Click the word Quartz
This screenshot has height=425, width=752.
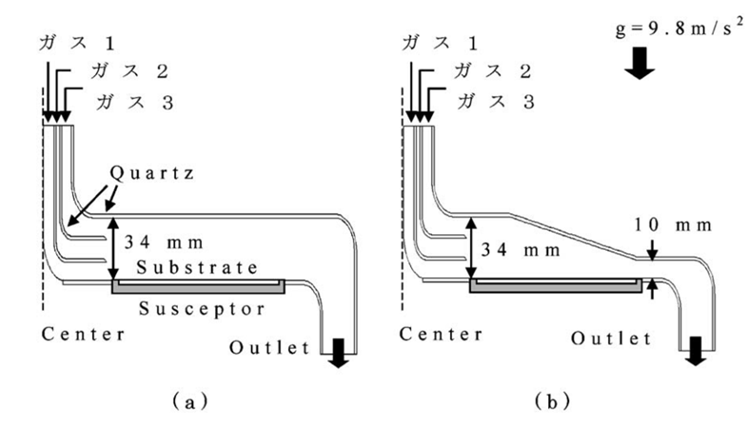pyautogui.click(x=152, y=173)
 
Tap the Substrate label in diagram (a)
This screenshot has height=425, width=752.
pyautogui.click(x=197, y=267)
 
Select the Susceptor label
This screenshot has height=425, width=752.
pyautogui.click(x=202, y=309)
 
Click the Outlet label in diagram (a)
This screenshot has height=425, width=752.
pyautogui.click(x=269, y=347)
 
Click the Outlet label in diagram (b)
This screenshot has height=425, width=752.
pyautogui.click(x=611, y=338)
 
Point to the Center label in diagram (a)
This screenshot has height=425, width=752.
pyautogui.click(x=84, y=334)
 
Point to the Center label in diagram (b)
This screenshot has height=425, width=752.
pyautogui.click(x=442, y=334)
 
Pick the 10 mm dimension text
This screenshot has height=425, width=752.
pyautogui.click(x=674, y=225)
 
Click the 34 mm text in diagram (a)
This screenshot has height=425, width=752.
pyautogui.click(x=164, y=242)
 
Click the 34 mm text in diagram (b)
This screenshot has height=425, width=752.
pyautogui.click(x=521, y=250)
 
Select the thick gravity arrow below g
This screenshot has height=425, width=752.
pyautogui.click(x=640, y=63)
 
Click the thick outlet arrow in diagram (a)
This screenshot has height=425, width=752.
pyautogui.click(x=339, y=353)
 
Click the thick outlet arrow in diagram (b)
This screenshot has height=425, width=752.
pyautogui.click(x=696, y=351)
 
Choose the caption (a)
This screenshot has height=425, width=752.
pyautogui.click(x=190, y=401)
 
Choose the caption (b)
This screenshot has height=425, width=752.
pyautogui.click(x=553, y=401)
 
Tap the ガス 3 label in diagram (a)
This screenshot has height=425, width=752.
pyautogui.click(x=135, y=102)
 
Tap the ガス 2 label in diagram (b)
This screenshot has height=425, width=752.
pyautogui.click(x=492, y=71)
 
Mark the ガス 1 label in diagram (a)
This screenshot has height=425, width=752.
pyautogui.click(x=77, y=43)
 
